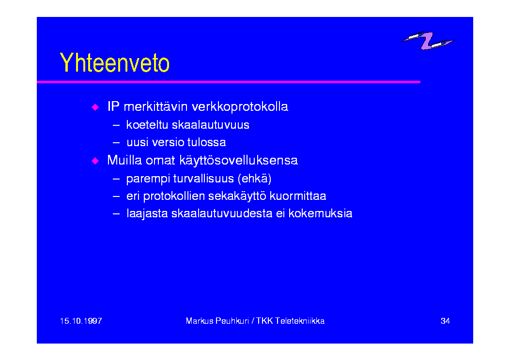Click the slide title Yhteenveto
pos(114,62)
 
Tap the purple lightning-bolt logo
pos(427,40)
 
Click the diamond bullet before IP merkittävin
pos(95,107)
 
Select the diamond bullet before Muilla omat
pos(95,161)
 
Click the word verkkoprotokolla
pos(240,106)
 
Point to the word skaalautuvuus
pos(210,125)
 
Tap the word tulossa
pos(206,142)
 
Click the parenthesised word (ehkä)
pos(254,179)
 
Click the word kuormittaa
pos(297,196)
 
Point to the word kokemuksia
pos(320,213)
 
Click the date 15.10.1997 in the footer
pos(81,321)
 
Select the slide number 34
pos(445,321)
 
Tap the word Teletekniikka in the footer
pos(300,321)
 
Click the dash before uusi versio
pos(116,143)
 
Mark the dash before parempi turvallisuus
pos(116,179)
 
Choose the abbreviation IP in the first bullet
pos(113,106)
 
